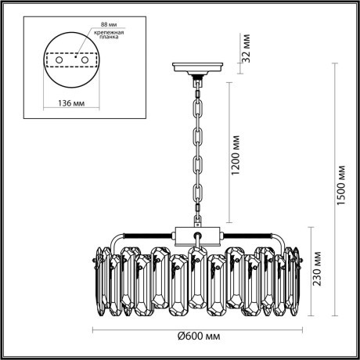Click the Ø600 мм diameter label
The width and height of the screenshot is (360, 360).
click(x=197, y=336)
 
